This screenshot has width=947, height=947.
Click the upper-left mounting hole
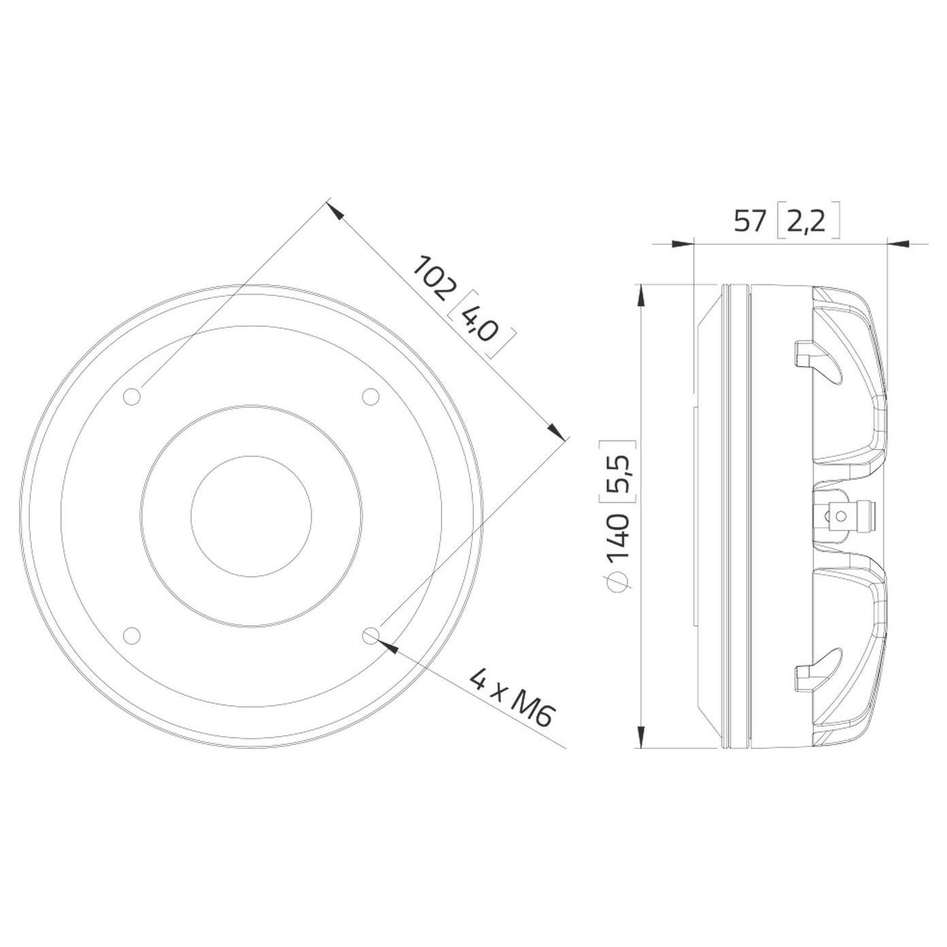(132, 396)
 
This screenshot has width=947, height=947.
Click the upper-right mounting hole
(371, 396)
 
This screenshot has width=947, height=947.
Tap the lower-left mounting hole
(132, 635)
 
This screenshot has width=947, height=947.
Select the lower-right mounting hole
(371, 635)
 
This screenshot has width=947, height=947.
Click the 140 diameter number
(619, 538)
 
